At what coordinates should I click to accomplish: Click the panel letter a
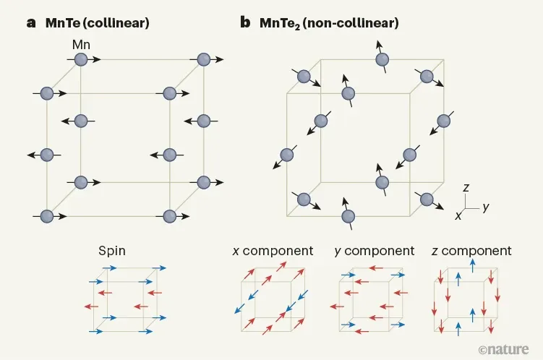click(31, 23)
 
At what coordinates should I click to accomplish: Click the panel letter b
click(245, 22)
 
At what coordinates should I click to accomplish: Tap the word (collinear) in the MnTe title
click(116, 23)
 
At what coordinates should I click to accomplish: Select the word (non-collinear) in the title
click(351, 23)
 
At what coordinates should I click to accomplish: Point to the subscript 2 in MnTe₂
click(297, 27)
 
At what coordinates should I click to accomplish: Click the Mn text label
click(81, 45)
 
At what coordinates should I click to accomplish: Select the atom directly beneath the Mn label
click(81, 59)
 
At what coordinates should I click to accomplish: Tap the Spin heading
click(112, 251)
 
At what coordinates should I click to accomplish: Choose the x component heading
click(273, 251)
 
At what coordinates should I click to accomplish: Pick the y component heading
click(375, 251)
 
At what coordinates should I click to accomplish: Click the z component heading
click(471, 251)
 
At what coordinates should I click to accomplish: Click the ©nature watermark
click(504, 349)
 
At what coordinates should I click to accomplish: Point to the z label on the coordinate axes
click(466, 187)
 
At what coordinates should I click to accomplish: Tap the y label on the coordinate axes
click(486, 207)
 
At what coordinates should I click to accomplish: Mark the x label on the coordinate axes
click(458, 215)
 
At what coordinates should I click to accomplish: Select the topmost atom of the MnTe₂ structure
click(382, 59)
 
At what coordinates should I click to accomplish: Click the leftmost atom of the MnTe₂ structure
click(287, 155)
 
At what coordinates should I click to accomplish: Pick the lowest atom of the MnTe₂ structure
click(348, 216)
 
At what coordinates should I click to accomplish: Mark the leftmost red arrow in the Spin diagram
click(91, 307)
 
